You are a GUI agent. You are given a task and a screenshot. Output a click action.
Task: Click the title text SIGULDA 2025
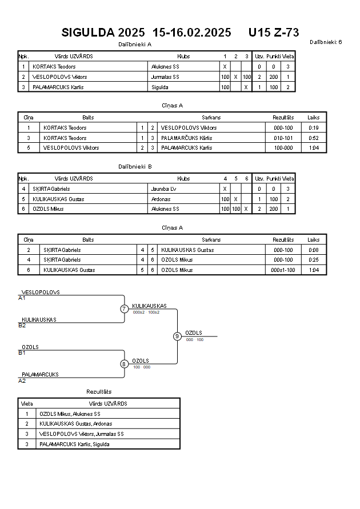pyautogui.click(x=103, y=33)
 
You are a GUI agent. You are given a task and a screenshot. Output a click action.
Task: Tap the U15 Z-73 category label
pyautogui.click(x=274, y=33)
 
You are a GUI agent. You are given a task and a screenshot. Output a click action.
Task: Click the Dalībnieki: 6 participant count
pyautogui.click(x=326, y=42)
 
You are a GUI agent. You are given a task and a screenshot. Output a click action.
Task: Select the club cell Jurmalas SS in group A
pyautogui.click(x=165, y=77)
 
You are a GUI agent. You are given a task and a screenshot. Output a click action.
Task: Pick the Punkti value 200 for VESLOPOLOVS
pyautogui.click(x=274, y=77)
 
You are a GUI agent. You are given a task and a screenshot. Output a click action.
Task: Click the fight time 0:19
pyautogui.click(x=314, y=128)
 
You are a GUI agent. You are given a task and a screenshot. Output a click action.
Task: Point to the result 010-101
pyautogui.click(x=283, y=138)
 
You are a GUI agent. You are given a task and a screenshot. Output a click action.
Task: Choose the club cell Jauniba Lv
pyautogui.click(x=163, y=189)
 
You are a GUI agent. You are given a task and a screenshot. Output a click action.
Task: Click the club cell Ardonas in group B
pyautogui.click(x=161, y=199)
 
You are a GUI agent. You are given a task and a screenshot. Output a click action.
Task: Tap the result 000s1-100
pyautogui.click(x=283, y=270)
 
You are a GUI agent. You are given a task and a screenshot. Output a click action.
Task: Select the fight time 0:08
pyautogui.click(x=314, y=250)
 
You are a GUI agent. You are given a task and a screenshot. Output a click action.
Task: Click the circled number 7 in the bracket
pyautogui.click(x=124, y=308)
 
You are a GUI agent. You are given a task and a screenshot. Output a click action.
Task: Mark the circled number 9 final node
pyautogui.click(x=177, y=336)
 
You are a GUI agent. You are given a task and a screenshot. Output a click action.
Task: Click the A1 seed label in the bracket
pyautogui.click(x=22, y=298)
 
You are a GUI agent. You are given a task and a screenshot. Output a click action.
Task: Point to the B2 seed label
pyautogui.click(x=22, y=325)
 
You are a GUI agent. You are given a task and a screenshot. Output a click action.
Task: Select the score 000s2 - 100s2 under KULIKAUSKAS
pyautogui.click(x=146, y=312)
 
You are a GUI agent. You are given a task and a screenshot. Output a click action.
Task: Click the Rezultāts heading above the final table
pyautogui.click(x=99, y=391)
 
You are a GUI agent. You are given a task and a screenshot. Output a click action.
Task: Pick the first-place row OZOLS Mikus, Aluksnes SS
pyautogui.click(x=70, y=414)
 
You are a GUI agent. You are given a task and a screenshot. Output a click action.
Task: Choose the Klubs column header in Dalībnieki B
pyautogui.click(x=183, y=179)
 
